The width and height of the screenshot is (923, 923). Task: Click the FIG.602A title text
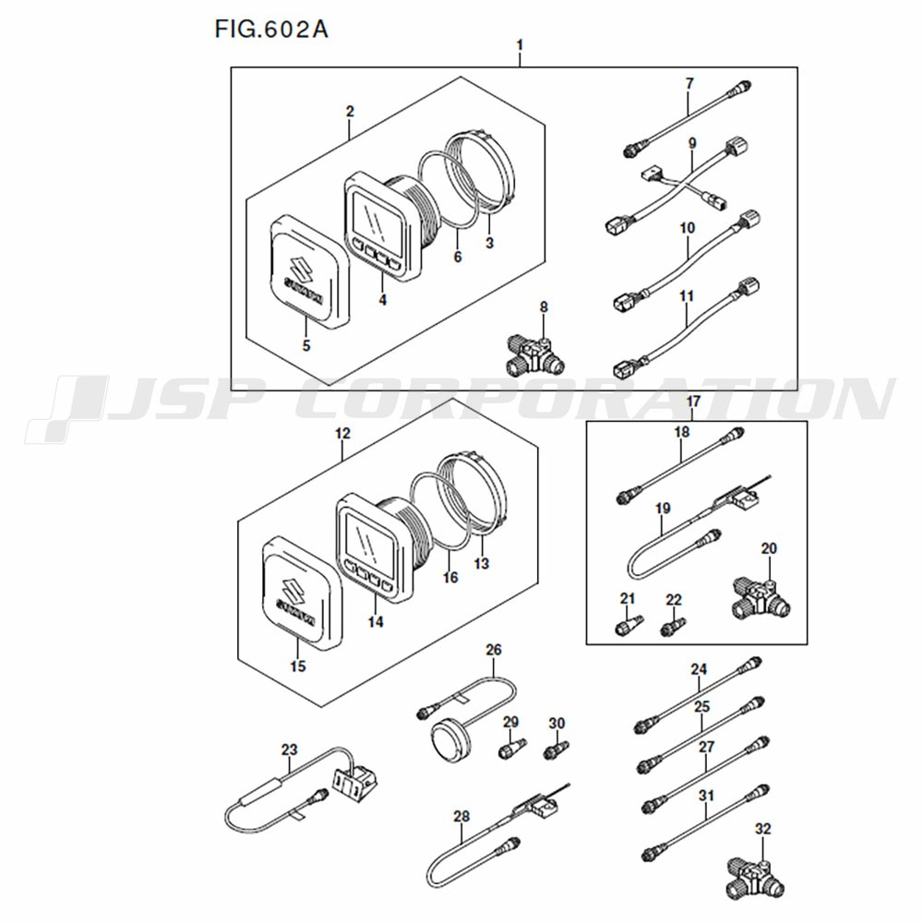coord(271,28)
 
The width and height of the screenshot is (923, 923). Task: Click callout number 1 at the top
coord(520,45)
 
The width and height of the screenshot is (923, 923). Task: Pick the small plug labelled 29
coord(509,749)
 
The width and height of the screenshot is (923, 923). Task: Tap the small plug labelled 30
coord(555,749)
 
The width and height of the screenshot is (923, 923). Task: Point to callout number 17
coord(693,402)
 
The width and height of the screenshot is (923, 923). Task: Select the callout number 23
coord(290,749)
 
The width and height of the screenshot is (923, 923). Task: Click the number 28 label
coord(461,816)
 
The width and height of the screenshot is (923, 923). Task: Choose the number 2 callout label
coord(350,112)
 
